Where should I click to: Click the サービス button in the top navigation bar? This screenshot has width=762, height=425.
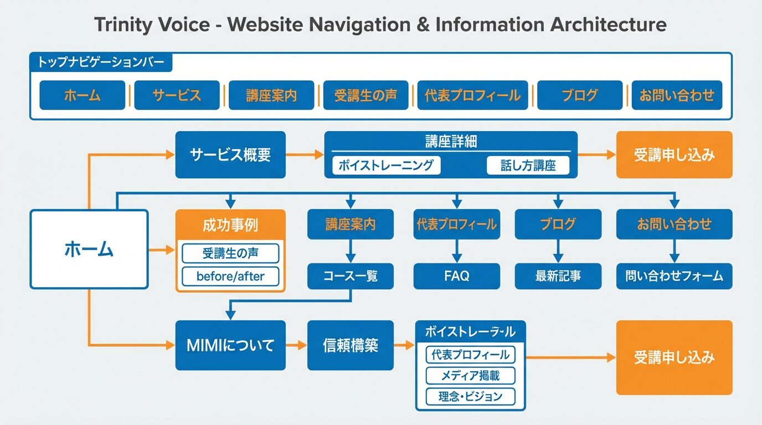pyautogui.click(x=177, y=95)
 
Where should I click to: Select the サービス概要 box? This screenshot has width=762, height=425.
pyautogui.click(x=230, y=155)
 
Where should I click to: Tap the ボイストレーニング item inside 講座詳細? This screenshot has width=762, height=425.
pyautogui.click(x=387, y=165)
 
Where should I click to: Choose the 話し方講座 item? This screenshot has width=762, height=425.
pyautogui.click(x=528, y=165)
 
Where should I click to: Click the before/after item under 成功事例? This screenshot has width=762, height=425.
pyautogui.click(x=230, y=276)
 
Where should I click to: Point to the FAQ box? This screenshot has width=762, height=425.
pyautogui.click(x=456, y=276)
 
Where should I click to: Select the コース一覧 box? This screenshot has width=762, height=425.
pyautogui.click(x=351, y=276)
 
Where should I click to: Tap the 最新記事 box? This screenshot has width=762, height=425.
pyautogui.click(x=558, y=276)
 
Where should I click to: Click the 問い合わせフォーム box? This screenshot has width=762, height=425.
pyautogui.click(x=674, y=276)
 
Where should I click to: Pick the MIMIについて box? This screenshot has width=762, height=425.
pyautogui.click(x=230, y=345)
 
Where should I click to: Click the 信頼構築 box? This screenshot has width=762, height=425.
pyautogui.click(x=351, y=345)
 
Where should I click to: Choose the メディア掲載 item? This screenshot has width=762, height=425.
pyautogui.click(x=470, y=376)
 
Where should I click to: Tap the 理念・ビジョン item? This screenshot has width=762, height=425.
pyautogui.click(x=470, y=396)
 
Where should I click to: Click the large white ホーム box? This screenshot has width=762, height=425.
pyautogui.click(x=89, y=249)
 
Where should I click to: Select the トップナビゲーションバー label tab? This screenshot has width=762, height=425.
pyautogui.click(x=101, y=63)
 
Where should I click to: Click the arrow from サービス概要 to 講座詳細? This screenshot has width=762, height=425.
pyautogui.click(x=305, y=155)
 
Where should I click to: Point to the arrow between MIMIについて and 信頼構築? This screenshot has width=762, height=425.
pyautogui.click(x=297, y=345)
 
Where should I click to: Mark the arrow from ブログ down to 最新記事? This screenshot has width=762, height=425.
pyautogui.click(x=558, y=251)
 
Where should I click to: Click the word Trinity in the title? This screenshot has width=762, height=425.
pyautogui.click(x=123, y=25)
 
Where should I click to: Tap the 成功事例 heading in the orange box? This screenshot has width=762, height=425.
pyautogui.click(x=230, y=225)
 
